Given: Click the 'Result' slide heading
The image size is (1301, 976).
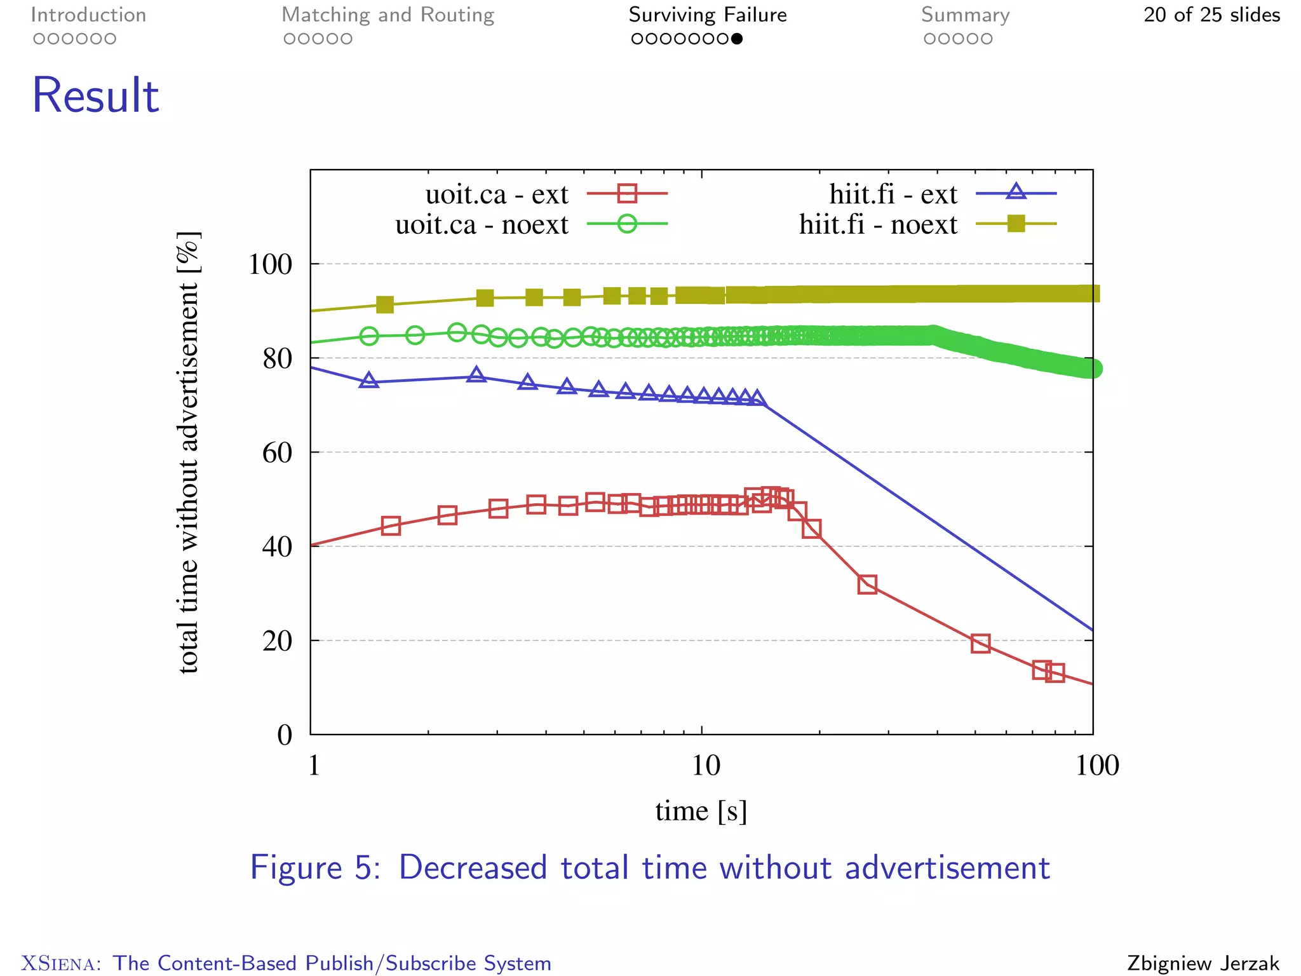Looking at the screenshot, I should (95, 95).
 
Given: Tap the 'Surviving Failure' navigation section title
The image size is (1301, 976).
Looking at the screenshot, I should (708, 15).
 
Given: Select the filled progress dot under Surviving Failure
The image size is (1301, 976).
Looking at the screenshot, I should (737, 39).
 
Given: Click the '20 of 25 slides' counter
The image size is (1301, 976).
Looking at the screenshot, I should (1211, 15).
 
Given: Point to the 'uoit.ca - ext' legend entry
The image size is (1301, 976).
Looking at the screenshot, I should (497, 194).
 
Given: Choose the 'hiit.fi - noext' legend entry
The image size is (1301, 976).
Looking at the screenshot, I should (878, 225).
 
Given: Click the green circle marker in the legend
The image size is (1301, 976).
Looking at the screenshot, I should (627, 224).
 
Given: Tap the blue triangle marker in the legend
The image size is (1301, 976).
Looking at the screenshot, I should (1016, 191).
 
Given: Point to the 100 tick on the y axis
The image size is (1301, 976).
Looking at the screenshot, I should (270, 264).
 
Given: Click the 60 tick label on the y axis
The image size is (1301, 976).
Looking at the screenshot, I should (277, 453).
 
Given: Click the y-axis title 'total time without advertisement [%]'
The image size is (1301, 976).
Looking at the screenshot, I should (188, 452).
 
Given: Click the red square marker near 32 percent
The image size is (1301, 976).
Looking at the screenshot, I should (867, 585).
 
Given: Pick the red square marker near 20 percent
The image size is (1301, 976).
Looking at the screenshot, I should (981, 643).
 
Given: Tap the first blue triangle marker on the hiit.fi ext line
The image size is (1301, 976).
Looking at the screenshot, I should (369, 381).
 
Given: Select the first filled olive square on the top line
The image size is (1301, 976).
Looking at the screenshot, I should (385, 305).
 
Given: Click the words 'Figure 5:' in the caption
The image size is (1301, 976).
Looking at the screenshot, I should (315, 868).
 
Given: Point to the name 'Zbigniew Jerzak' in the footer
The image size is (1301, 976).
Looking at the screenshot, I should (1203, 963).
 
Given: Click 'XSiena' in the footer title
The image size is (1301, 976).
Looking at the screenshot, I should (60, 963).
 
